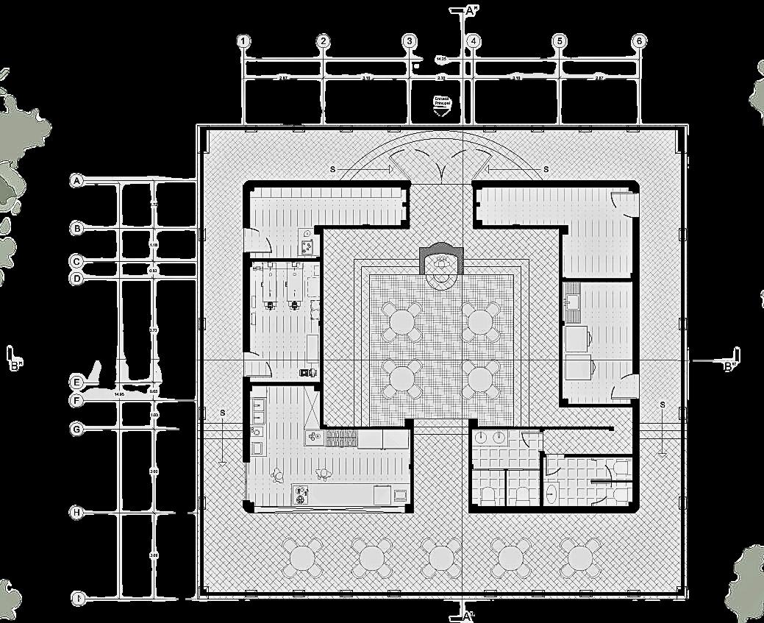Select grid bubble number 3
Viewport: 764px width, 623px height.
point(410,41)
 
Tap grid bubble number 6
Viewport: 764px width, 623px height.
point(639,41)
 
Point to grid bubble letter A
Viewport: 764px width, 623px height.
point(76,180)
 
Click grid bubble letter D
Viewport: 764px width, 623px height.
point(76,279)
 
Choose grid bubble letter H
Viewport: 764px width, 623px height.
point(76,512)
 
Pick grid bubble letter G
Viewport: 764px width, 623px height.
point(76,428)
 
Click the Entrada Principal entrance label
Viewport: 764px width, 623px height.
point(442,102)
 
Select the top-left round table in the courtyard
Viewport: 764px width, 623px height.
point(402,321)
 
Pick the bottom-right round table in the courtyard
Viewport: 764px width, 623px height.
point(480,380)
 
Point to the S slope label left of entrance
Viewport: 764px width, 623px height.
point(332,169)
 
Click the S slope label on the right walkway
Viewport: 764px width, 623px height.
point(663,405)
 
